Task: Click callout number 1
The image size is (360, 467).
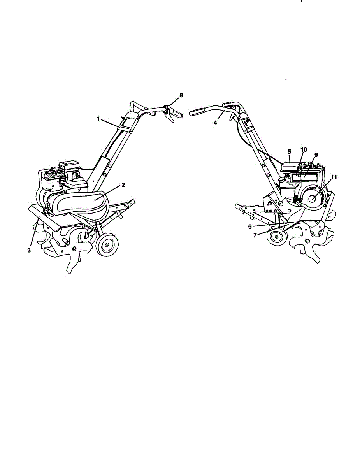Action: [x=98, y=118]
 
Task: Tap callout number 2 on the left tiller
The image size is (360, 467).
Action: [x=123, y=185]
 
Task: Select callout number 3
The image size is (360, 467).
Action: [x=29, y=250]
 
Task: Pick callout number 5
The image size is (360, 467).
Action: [x=289, y=151]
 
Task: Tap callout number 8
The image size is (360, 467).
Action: [x=181, y=95]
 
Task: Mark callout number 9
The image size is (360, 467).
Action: [x=316, y=154]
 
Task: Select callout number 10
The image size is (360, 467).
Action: [x=304, y=149]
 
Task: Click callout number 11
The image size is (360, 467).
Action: [x=333, y=177]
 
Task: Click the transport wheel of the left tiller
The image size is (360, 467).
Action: [x=107, y=245]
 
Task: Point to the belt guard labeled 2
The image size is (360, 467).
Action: [x=88, y=200]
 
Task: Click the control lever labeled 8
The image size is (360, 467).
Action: [x=170, y=114]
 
